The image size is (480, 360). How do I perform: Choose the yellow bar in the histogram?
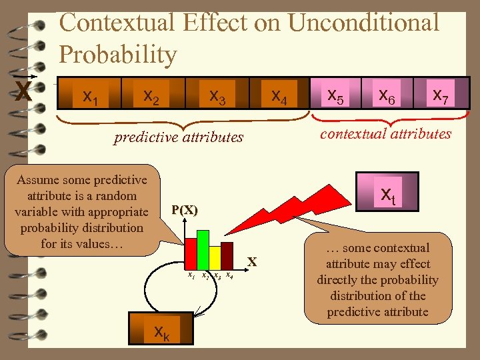(215, 257)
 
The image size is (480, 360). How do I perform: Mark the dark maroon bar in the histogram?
(227, 255)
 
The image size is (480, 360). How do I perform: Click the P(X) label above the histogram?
(184, 210)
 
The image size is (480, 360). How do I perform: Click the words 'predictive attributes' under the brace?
(179, 138)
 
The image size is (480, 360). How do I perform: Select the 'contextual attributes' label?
(385, 133)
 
